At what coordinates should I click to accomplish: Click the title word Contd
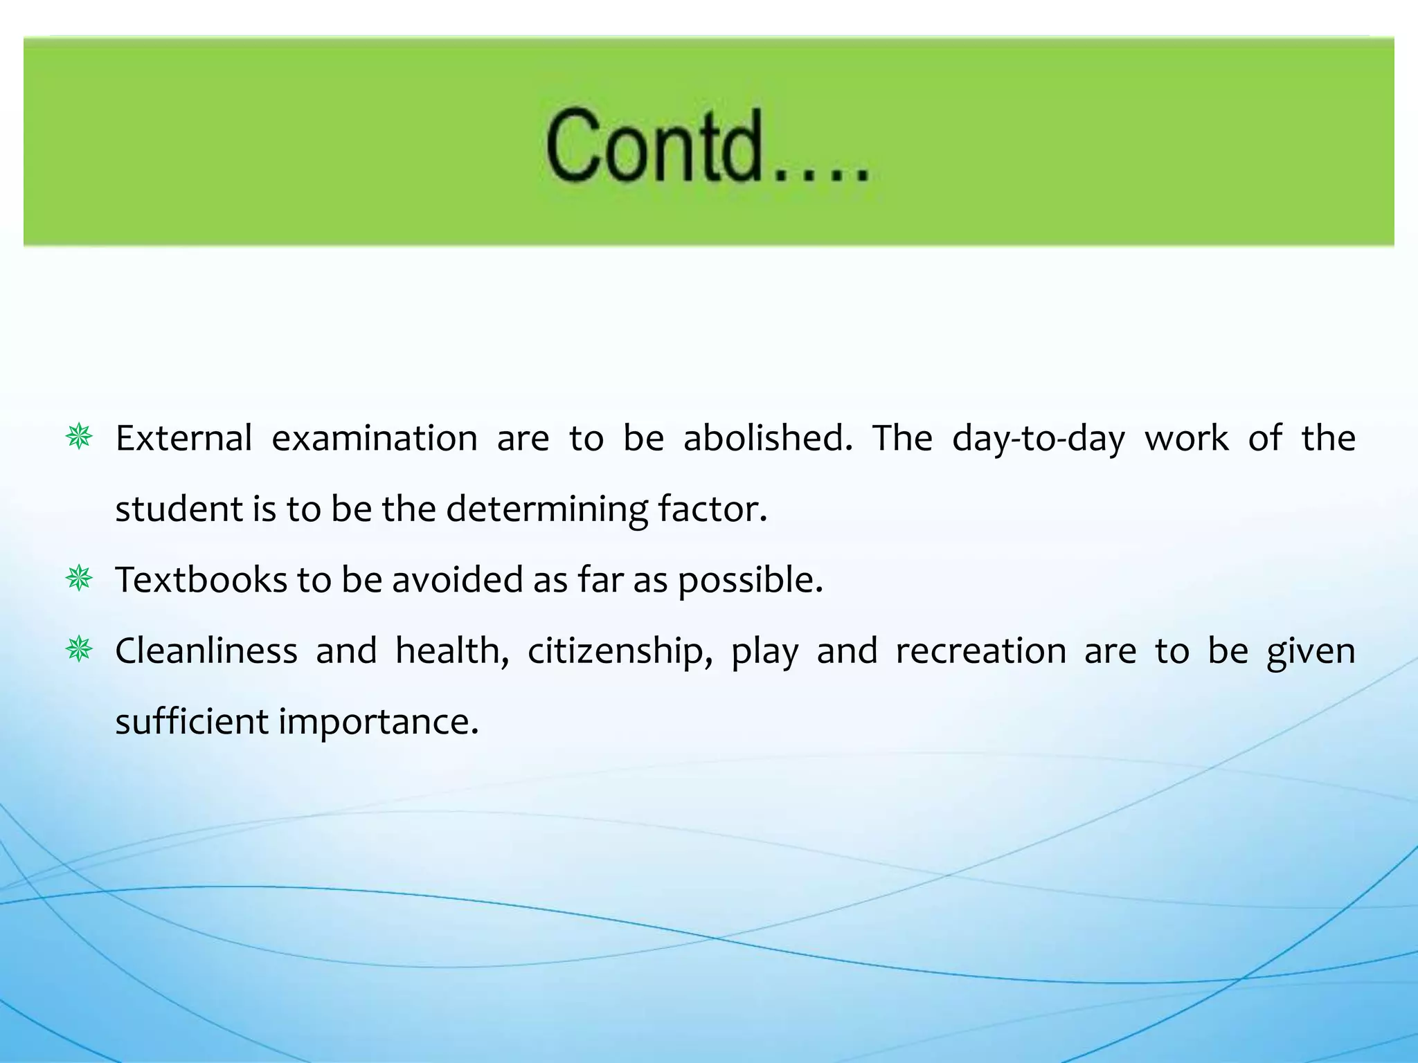(x=706, y=146)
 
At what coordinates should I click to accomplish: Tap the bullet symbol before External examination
(x=79, y=437)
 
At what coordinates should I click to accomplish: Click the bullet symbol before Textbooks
(x=79, y=579)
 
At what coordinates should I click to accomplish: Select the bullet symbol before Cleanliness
(x=79, y=650)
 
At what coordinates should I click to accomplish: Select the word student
(x=179, y=509)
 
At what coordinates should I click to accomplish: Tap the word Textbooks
(x=201, y=580)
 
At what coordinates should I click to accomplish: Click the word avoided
(x=458, y=580)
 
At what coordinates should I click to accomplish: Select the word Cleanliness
(x=206, y=651)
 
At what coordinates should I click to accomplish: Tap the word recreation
(x=981, y=651)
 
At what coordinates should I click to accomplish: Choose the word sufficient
(x=192, y=722)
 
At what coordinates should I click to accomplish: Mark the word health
(x=452, y=651)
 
